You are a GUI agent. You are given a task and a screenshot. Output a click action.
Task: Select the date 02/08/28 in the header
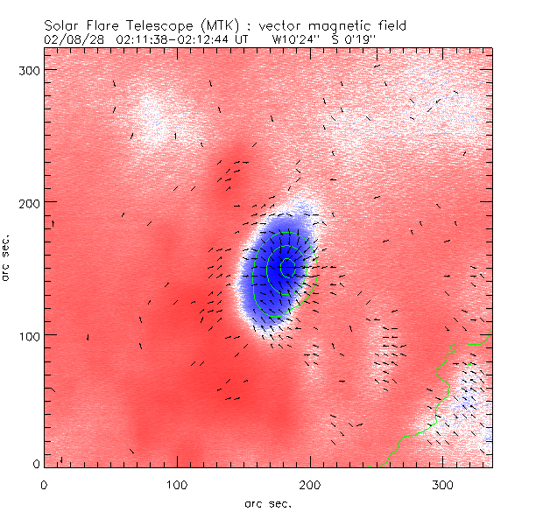click(72, 39)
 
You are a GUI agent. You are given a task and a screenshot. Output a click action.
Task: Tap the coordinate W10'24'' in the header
click(294, 39)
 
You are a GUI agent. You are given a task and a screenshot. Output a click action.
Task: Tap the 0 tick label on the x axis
click(44, 482)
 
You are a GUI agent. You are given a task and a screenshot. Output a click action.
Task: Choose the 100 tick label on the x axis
click(177, 482)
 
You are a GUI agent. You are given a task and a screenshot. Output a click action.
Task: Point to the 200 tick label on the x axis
click(310, 482)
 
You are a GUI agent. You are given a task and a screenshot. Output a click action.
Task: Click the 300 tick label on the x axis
click(443, 482)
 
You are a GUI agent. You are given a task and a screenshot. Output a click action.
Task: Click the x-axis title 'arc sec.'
click(267, 502)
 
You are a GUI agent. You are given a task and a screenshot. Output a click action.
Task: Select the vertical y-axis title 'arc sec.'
click(8, 258)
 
